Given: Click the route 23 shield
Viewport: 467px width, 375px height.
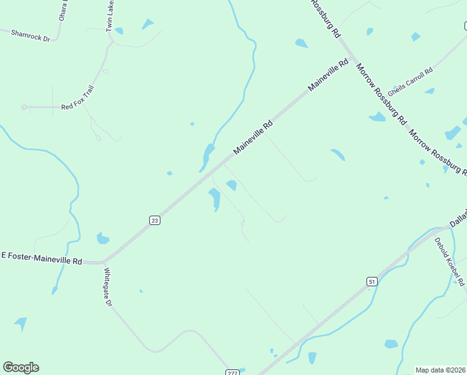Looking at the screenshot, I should point(155,219).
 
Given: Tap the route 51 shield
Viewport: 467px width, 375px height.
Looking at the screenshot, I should point(371,282).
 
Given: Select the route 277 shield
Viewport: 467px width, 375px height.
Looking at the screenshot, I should point(232,372).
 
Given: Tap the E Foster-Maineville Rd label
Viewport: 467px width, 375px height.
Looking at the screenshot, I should point(42,256).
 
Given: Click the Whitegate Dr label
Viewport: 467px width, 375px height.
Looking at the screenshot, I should point(107,287).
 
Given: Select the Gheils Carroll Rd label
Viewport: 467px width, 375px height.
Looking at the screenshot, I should point(410,79).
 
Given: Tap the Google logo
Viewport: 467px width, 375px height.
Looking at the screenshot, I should point(21,367).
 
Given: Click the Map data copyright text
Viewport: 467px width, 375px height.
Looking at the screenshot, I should point(441,370).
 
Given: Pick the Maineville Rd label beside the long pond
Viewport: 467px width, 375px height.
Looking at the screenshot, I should point(253,137).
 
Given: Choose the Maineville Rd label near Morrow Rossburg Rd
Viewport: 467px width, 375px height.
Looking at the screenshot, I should point(328,76).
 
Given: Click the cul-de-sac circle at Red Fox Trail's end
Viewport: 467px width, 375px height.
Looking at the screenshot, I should point(24,107).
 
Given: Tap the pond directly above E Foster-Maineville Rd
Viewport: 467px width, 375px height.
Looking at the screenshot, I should point(103,238).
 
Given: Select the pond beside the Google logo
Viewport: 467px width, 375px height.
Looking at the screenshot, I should point(21,323).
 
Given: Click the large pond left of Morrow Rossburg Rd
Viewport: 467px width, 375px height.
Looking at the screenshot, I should point(377,116).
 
